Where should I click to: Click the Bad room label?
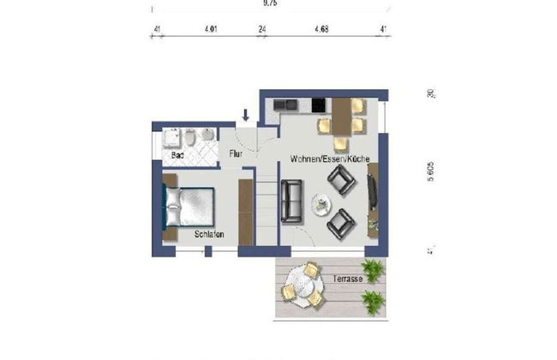click(x=177, y=156)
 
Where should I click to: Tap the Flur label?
click(x=237, y=155)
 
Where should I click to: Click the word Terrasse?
click(x=349, y=279)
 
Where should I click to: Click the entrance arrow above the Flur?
click(x=246, y=115)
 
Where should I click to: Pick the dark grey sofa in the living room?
click(x=291, y=201)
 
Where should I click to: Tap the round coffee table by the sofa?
click(x=321, y=205)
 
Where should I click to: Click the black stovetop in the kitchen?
click(x=319, y=107)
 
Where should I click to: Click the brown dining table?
click(x=341, y=117)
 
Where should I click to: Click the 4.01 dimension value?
click(x=210, y=29)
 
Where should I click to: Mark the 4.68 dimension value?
click(x=321, y=29)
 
